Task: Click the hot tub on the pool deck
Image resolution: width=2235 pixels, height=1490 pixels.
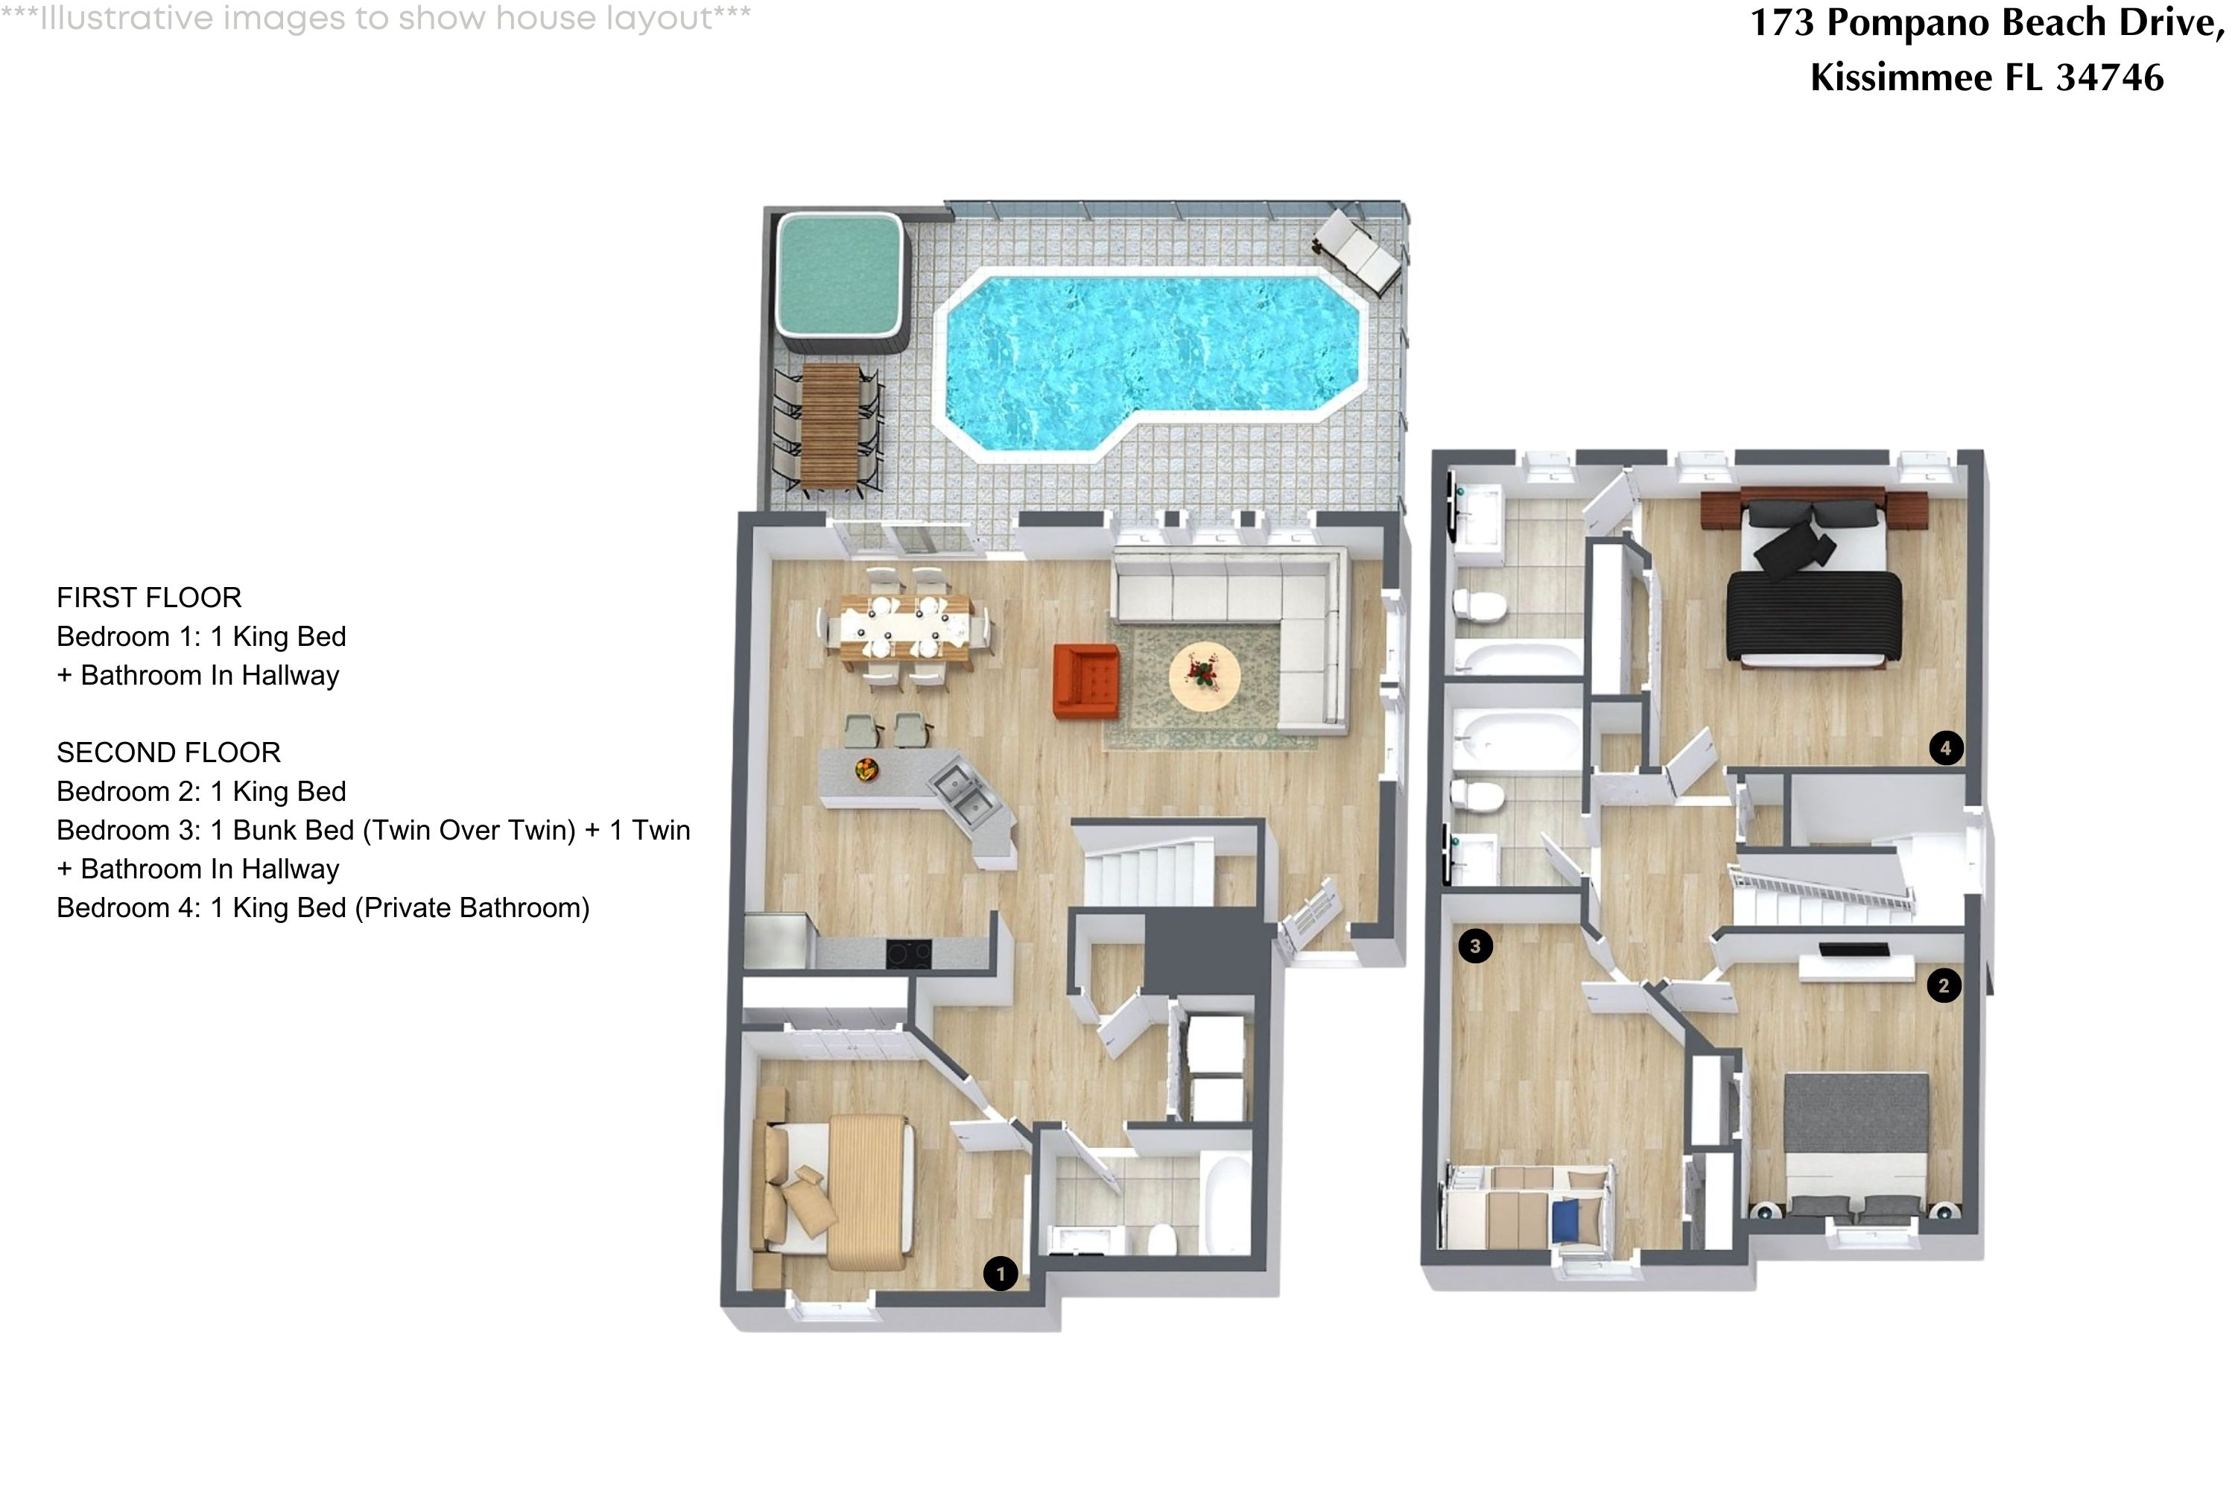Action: tap(838, 273)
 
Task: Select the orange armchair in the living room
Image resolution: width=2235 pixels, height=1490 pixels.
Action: tap(1085, 680)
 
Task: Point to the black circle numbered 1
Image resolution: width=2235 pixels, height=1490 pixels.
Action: tap(1001, 1273)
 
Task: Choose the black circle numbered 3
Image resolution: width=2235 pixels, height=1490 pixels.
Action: tap(1475, 945)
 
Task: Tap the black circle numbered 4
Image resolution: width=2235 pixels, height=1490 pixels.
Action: tap(1945, 748)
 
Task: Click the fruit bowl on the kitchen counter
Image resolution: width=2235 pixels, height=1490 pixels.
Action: tap(866, 769)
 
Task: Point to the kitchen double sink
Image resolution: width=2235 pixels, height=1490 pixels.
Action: tap(962, 794)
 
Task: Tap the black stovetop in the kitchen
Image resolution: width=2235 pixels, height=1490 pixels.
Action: tap(908, 953)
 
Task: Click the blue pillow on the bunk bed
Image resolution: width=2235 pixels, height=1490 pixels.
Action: tap(1564, 1221)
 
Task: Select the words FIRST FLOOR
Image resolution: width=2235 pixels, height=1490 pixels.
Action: tap(149, 597)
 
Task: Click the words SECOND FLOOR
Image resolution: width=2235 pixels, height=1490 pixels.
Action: tap(168, 752)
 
